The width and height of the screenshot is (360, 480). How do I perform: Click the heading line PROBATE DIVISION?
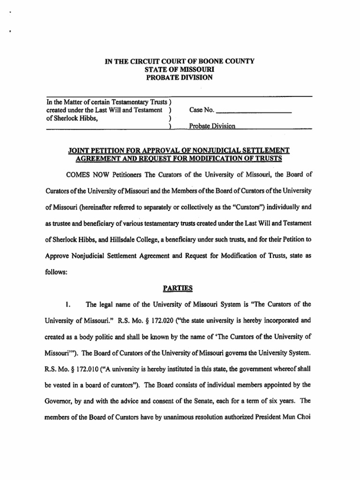point(180,77)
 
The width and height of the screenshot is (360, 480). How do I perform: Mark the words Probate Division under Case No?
point(212,126)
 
